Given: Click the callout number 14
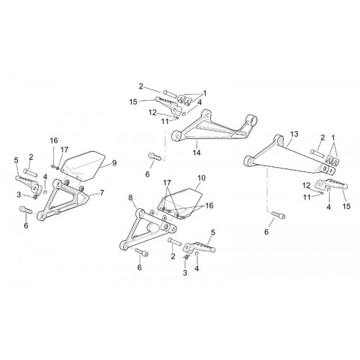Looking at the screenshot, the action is coord(197,152).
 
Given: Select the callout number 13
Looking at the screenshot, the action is coord(294,134).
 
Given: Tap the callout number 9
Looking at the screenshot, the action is coord(114,163).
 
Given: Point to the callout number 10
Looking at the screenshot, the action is coord(202,178).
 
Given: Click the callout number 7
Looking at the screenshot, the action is coord(102,193).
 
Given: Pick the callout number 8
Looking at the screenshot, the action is coord(130,197).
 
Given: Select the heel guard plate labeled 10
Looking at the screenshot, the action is coord(180,202).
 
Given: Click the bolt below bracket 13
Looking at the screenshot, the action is coord(279,215).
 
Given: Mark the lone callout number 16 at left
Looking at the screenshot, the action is coord(54,140).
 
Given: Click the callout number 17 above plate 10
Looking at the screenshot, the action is coord(167,182).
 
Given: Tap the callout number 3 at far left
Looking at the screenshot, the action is coord(19,195).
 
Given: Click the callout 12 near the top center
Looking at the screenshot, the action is coord(153,112).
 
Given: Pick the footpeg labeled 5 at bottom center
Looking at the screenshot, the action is coord(199,247).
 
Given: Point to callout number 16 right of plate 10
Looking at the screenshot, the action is coord(210,206).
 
